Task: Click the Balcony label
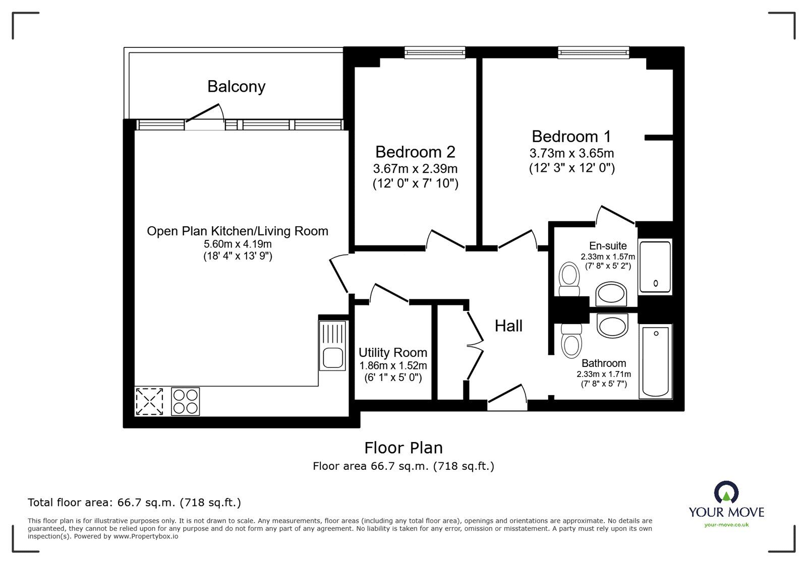tap(236, 87)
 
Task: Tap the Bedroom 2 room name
tap(415, 152)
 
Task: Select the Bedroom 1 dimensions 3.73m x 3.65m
tap(571, 153)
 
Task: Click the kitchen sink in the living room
tap(333, 357)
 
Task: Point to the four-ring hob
tap(185, 401)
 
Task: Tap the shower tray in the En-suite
tap(655, 267)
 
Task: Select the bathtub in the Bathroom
tap(655, 361)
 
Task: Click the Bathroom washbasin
tap(612, 326)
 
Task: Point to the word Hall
tap(508, 326)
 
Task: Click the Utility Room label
tap(392, 352)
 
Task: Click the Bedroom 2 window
tap(434, 51)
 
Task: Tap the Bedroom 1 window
tap(593, 51)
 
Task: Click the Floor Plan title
tap(403, 448)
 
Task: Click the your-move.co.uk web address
tap(726, 525)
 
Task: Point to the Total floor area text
tap(134, 503)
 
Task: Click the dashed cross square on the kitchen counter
tap(149, 401)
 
